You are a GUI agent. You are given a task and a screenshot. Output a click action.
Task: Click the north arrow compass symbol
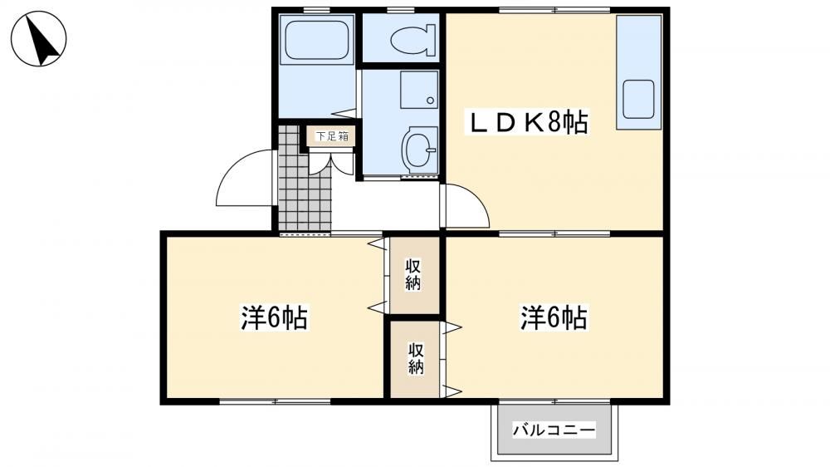39,39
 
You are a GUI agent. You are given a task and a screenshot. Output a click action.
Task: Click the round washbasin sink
420,150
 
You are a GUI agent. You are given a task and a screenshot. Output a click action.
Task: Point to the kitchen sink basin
638,99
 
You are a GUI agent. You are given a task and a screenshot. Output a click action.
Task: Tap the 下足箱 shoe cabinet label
333,136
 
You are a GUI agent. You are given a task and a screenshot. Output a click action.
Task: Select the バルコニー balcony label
554,430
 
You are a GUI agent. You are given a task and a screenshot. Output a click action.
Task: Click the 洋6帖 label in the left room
274,318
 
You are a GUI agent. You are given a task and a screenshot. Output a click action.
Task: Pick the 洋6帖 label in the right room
554,318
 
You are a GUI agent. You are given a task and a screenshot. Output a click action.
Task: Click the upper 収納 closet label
413,274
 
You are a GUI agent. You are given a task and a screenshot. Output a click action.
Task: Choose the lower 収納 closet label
416,358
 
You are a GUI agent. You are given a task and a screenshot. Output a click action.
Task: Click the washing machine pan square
419,90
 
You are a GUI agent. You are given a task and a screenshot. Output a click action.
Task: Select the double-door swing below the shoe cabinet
331,163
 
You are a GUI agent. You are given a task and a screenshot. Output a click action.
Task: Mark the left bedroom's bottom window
276,401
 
